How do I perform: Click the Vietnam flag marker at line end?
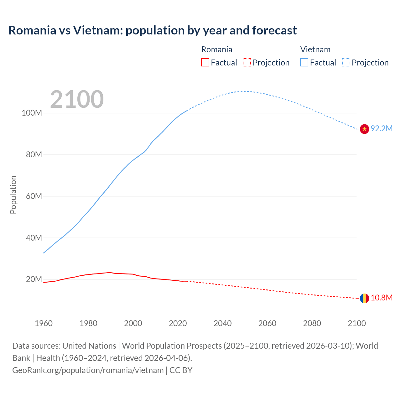click(364, 129)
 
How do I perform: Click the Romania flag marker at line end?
click(364, 298)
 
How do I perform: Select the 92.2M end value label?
click(382, 129)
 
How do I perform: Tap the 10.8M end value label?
click(382, 298)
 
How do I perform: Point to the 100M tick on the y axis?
click(32, 113)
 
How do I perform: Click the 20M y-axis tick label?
click(34, 279)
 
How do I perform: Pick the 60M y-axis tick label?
click(34, 196)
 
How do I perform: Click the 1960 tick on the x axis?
click(44, 323)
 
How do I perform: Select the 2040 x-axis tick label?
click(222, 323)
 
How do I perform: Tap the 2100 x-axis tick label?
click(357, 323)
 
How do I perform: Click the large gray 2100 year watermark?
click(77, 99)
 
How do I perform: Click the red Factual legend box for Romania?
click(205, 62)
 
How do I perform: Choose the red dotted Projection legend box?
click(247, 62)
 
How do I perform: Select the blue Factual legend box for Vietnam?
click(304, 62)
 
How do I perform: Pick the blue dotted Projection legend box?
click(346, 62)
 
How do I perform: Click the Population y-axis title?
click(13, 195)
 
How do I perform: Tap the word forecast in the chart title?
click(274, 30)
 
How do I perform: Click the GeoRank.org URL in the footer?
click(88, 370)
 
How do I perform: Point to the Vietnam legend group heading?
click(315, 49)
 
